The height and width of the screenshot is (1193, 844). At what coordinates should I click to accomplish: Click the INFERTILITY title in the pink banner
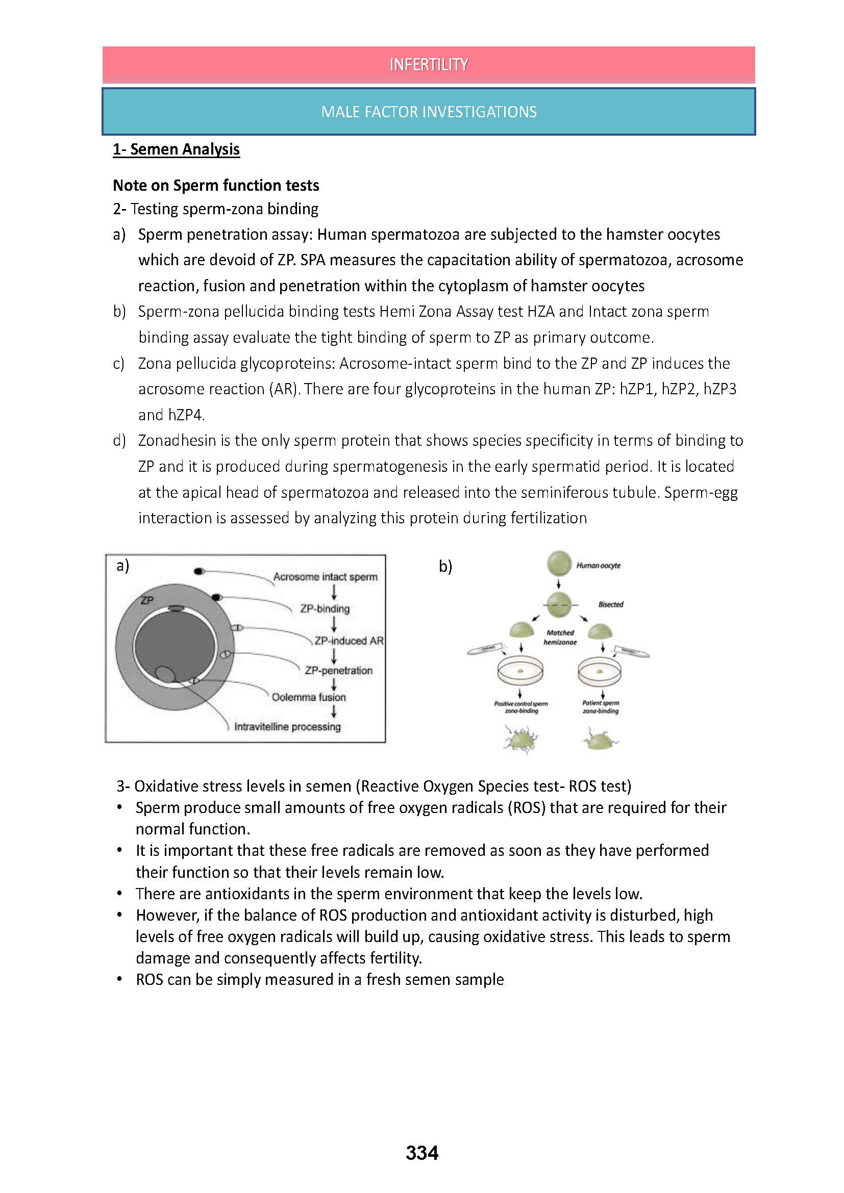(428, 64)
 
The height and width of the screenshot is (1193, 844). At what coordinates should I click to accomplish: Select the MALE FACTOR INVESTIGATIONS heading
(428, 112)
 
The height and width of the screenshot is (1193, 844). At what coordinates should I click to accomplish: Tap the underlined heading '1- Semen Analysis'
(176, 149)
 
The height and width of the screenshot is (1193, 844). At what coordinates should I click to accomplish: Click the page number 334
(421, 1153)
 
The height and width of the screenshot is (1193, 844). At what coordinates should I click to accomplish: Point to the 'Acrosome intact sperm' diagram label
(326, 577)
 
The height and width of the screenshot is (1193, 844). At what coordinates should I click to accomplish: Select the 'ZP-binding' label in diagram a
(325, 608)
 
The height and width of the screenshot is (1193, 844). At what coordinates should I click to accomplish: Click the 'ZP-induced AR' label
(349, 641)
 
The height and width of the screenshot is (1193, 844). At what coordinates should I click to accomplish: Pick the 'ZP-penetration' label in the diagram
(338, 670)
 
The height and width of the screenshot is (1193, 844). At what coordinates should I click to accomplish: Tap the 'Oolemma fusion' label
(308, 697)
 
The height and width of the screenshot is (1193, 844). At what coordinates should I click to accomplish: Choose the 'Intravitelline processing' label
(287, 726)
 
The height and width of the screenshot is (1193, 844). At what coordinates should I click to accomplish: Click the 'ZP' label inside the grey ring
(147, 600)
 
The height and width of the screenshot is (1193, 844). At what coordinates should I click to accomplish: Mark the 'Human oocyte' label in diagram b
(598, 565)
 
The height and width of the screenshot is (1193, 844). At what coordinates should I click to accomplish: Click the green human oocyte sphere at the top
(559, 564)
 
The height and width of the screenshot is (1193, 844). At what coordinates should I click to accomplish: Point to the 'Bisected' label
(611, 604)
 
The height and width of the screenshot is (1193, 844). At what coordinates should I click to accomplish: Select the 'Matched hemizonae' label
(560, 638)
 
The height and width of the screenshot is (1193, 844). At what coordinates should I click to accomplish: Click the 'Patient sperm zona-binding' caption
(601, 706)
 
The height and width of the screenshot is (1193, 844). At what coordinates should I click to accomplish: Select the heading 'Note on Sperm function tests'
(216, 186)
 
